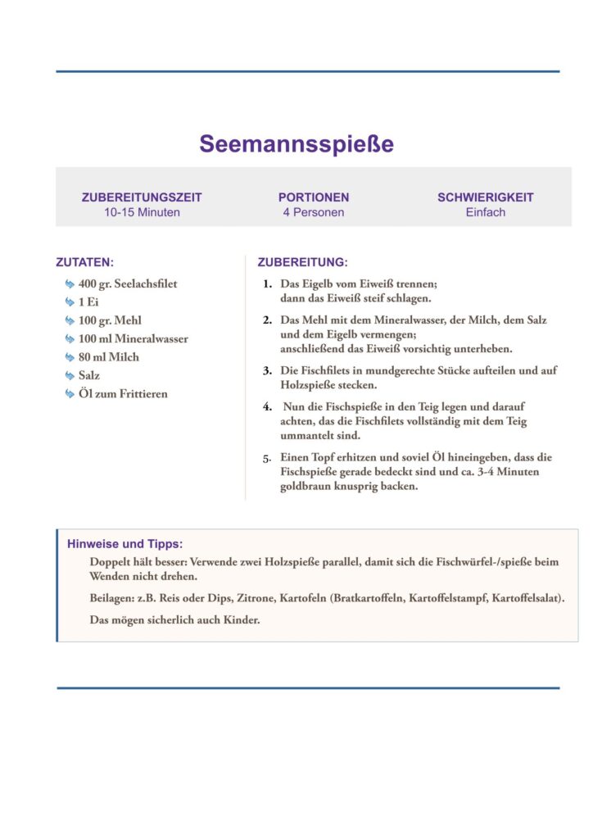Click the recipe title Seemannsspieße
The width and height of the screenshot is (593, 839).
click(296, 144)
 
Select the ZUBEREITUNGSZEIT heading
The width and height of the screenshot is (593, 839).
click(142, 197)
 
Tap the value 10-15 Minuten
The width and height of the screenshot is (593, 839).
click(142, 212)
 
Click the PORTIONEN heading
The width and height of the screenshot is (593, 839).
click(314, 197)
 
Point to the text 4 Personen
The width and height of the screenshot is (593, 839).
click(314, 212)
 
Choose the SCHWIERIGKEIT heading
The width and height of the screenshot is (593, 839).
click(486, 197)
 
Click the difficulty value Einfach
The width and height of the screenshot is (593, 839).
click(486, 212)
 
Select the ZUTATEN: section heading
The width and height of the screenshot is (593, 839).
click(84, 263)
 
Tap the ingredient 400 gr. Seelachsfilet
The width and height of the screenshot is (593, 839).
click(128, 283)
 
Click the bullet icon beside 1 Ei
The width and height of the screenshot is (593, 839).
click(70, 302)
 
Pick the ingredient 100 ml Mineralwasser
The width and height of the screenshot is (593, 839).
click(134, 338)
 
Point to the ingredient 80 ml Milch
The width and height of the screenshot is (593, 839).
click(109, 357)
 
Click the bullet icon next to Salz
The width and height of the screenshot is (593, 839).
click(70, 375)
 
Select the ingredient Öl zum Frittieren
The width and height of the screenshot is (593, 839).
click(123, 394)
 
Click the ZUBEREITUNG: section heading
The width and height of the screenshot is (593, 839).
click(302, 263)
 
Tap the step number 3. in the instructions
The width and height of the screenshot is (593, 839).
click(267, 371)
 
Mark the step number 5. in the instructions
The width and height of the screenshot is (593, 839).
click(267, 458)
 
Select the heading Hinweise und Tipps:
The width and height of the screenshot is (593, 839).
click(124, 544)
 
